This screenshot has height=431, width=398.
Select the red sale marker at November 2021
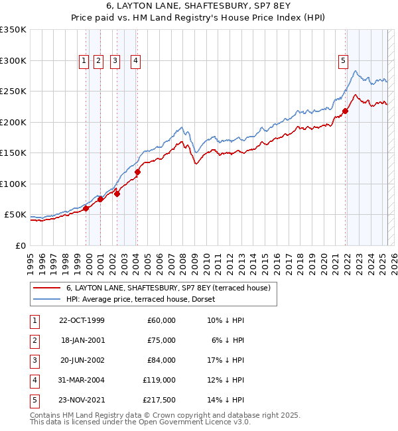click(x=345, y=111)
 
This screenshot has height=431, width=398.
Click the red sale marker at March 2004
click(x=137, y=172)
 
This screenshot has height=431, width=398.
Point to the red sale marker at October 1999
click(x=86, y=208)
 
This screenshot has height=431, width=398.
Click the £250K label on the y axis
click(x=13, y=91)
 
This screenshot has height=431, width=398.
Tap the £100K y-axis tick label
click(x=13, y=184)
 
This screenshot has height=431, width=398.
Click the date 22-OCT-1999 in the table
click(x=82, y=320)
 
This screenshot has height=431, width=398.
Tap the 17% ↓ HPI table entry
click(x=225, y=360)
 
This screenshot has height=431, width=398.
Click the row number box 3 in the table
click(x=34, y=360)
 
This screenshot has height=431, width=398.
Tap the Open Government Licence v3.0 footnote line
click(x=140, y=422)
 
